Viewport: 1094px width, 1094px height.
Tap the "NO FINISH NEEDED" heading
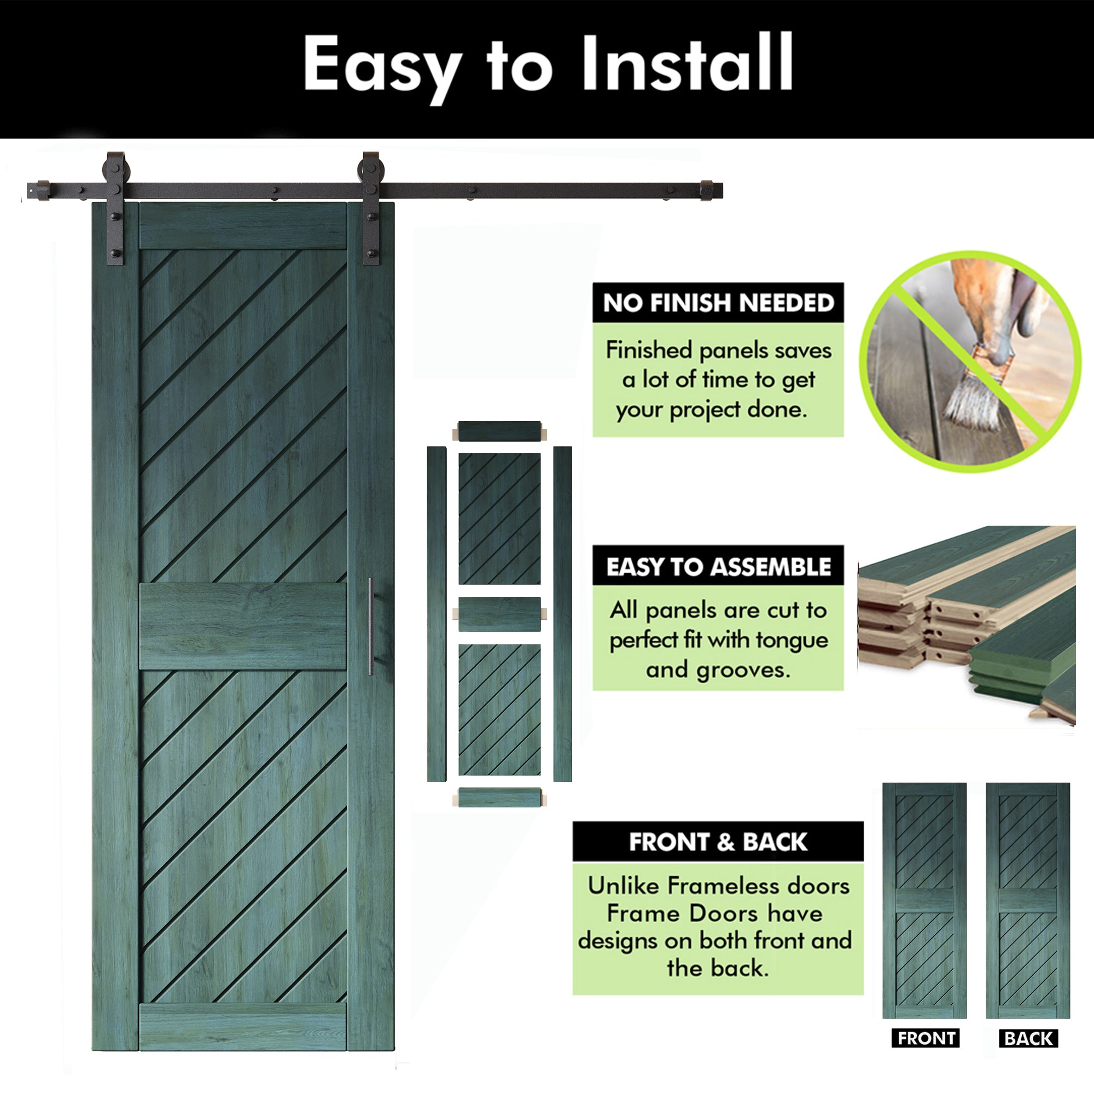click(719, 303)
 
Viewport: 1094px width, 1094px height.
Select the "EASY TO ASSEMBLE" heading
click(719, 567)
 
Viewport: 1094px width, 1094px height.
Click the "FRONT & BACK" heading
click(718, 842)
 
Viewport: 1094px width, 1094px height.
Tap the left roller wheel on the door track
click(116, 170)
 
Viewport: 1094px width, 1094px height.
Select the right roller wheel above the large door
click(371, 170)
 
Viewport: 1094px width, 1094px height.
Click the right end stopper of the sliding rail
click(706, 190)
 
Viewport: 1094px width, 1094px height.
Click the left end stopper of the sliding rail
click(43, 190)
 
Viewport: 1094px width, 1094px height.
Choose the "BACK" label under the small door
click(1028, 1038)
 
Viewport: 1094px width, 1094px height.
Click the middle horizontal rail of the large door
click(243, 626)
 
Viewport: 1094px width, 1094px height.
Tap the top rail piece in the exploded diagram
click(499, 432)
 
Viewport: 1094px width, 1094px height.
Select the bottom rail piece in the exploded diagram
click(499, 798)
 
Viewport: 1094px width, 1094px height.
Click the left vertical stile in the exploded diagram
click(437, 614)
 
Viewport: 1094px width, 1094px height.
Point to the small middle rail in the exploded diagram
click(499, 614)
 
